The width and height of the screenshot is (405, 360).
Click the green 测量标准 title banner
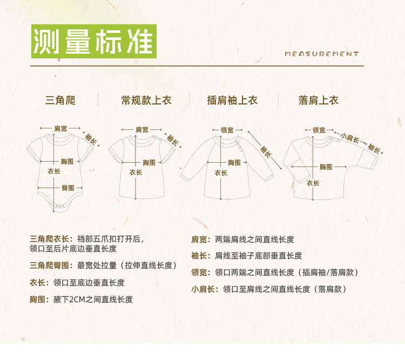(93, 41)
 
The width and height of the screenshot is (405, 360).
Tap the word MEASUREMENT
(321, 54)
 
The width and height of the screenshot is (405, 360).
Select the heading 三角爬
(60, 101)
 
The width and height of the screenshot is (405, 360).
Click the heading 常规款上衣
(144, 101)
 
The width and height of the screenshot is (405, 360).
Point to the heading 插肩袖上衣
(232, 101)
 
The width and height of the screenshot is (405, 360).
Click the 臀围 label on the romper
(67, 188)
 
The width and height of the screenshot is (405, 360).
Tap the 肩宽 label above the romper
(60, 129)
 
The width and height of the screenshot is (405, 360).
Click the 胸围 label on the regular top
(149, 162)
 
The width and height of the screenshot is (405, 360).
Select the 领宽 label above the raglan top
(227, 130)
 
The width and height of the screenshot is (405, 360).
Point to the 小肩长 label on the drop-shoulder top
(350, 137)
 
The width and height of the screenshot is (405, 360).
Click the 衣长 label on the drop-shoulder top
(313, 183)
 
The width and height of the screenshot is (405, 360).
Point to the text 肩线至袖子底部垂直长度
(259, 256)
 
